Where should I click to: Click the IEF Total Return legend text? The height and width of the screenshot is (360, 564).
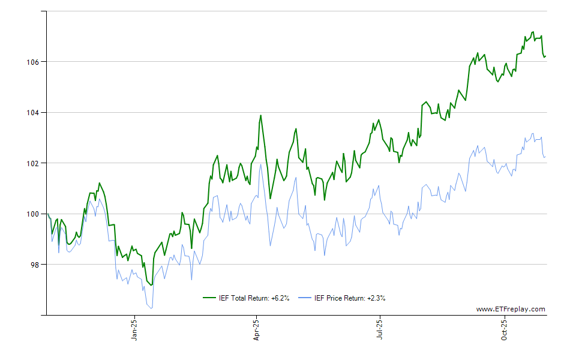(255, 298)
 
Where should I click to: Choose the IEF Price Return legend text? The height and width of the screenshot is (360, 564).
(350, 298)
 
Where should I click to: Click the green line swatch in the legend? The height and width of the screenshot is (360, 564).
(209, 298)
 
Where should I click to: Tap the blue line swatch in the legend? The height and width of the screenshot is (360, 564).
(305, 298)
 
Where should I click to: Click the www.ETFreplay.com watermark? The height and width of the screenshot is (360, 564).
(511, 310)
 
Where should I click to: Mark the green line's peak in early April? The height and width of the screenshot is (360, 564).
(260, 115)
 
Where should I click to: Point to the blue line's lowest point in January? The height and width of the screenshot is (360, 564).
(151, 308)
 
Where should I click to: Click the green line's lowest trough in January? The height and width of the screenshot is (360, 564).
(151, 285)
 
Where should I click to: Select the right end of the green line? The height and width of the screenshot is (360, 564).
(545, 56)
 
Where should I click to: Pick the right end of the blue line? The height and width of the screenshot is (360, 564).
(545, 157)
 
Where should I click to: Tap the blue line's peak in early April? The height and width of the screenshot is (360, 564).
(260, 165)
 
